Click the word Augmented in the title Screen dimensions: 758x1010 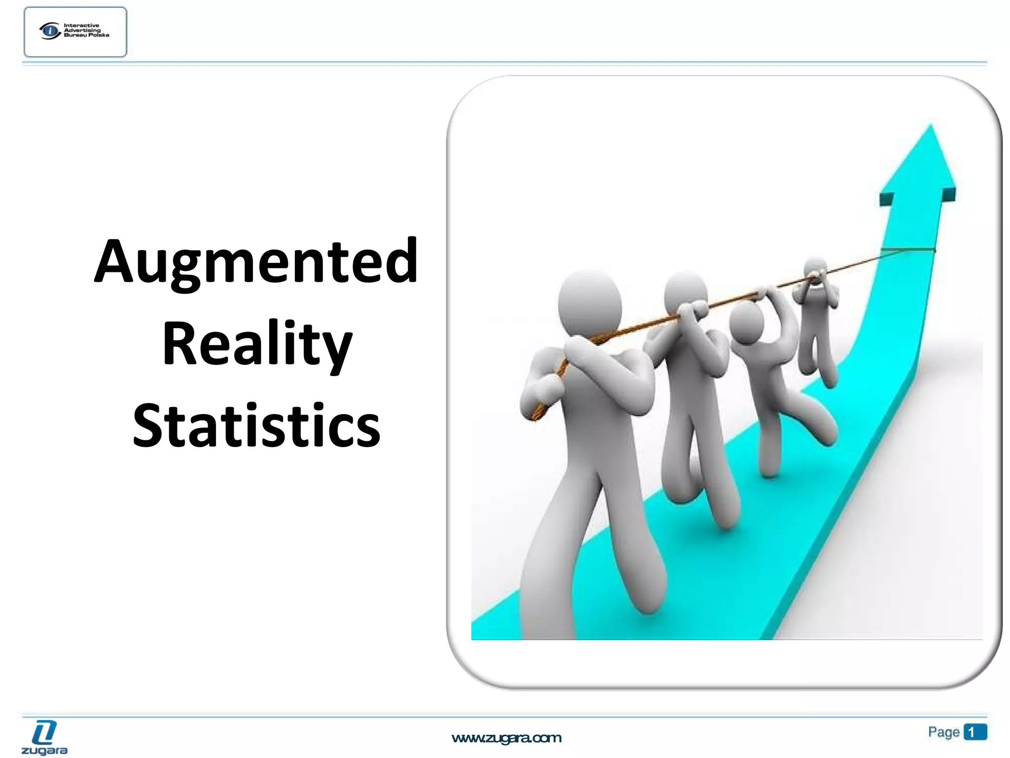point(256,262)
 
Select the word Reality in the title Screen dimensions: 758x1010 point(257,343)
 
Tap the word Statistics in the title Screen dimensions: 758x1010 point(256,425)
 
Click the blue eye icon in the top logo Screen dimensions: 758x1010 point(50,31)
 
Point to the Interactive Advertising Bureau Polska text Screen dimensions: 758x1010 point(86,30)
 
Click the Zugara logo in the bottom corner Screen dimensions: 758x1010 point(44,737)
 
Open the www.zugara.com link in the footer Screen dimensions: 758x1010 point(506,738)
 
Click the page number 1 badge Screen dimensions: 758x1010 point(974,732)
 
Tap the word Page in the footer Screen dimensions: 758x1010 point(943,732)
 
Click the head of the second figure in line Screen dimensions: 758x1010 point(685,291)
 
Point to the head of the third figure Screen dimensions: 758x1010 point(746,321)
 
